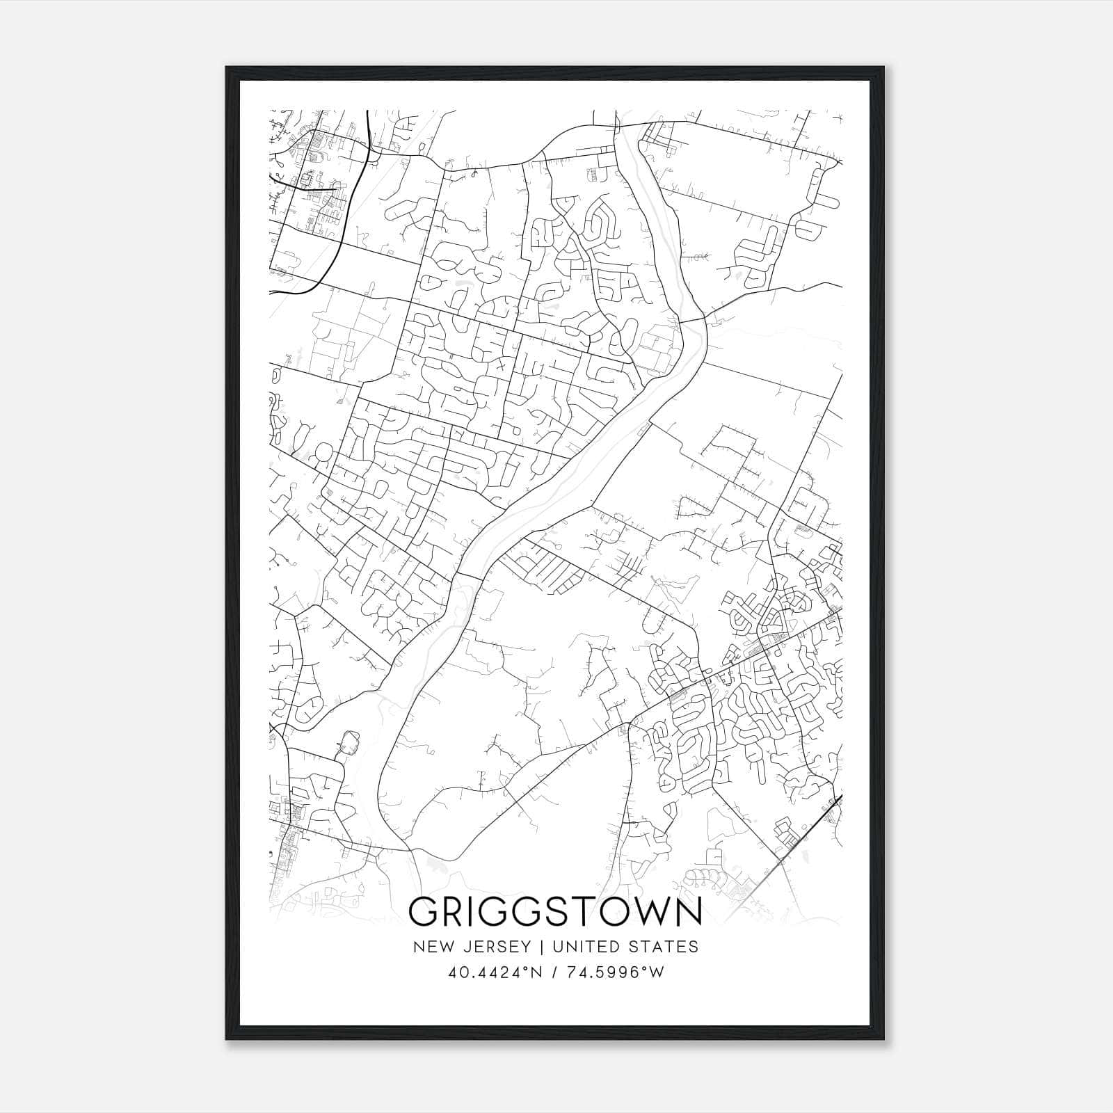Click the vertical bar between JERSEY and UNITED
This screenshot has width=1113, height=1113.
click(x=531, y=947)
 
